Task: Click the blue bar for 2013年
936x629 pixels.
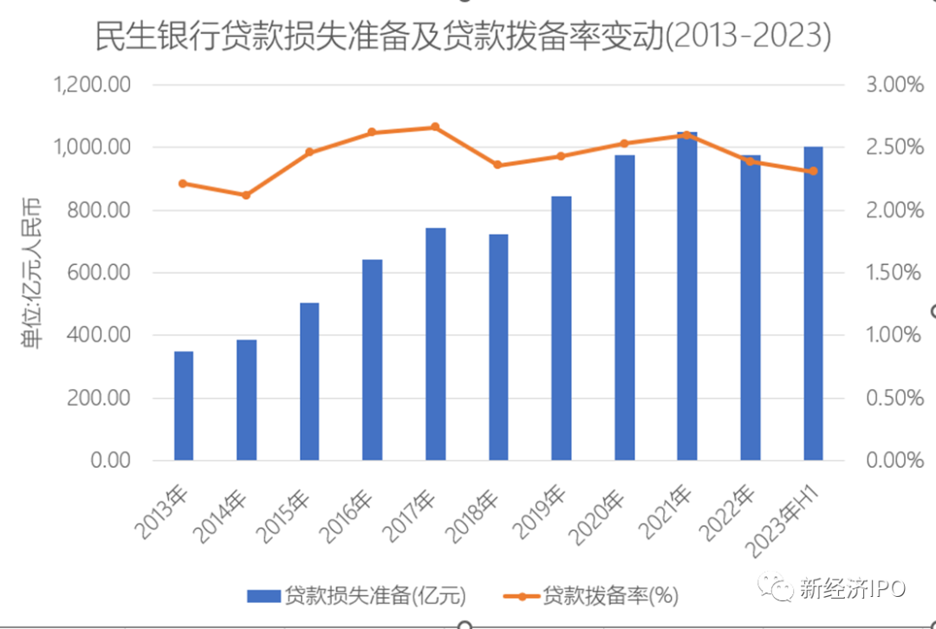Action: (184, 405)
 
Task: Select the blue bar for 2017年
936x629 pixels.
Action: (435, 344)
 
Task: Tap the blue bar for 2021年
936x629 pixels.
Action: (686, 296)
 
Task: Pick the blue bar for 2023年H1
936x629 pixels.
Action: (812, 303)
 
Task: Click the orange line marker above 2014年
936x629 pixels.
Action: (246, 195)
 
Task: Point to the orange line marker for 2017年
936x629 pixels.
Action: (435, 127)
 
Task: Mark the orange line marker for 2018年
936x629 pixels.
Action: (497, 165)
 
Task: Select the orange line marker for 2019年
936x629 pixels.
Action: (561, 156)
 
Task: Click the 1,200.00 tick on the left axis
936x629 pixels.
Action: (92, 85)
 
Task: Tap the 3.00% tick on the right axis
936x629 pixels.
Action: (894, 85)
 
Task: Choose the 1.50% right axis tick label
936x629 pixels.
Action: (894, 273)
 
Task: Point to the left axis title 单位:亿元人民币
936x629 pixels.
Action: (32, 273)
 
